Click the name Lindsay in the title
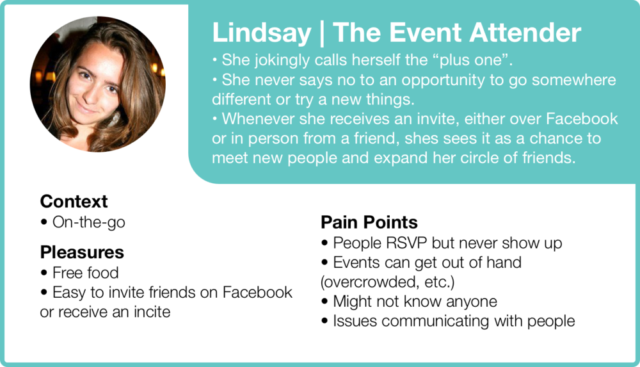[262, 33]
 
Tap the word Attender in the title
[525, 32]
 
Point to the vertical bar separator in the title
[322, 33]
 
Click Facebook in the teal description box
[582, 118]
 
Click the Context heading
[74, 202]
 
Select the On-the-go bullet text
[88, 222]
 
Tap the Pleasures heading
[82, 252]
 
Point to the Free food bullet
[85, 273]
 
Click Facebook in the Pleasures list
[257, 292]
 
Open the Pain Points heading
[369, 222]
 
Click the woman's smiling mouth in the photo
[86, 108]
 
